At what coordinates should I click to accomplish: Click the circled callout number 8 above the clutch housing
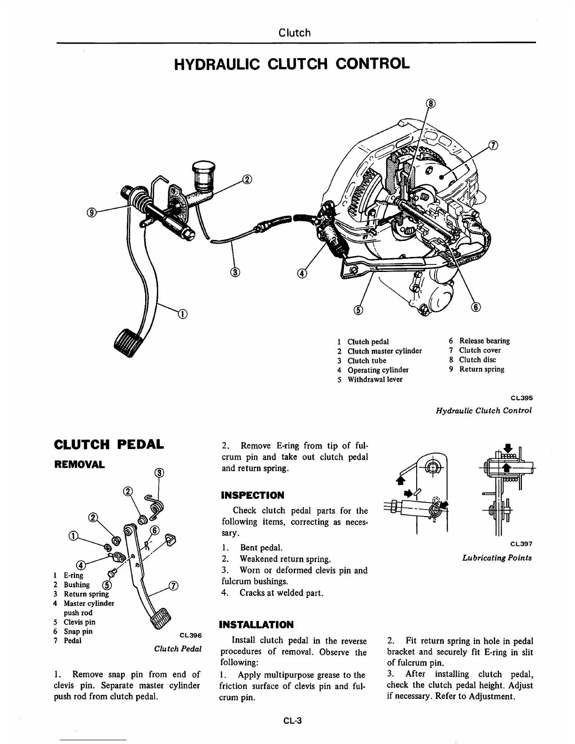tap(431, 104)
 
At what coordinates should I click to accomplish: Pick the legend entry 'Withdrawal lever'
tap(374, 380)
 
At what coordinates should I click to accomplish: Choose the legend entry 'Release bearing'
tap(484, 341)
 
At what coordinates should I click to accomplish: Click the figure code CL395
tap(521, 398)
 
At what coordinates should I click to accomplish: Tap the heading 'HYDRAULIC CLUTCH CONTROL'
tap(292, 63)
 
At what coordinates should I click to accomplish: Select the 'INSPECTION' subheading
tap(253, 496)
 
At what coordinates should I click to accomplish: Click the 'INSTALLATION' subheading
tap(256, 625)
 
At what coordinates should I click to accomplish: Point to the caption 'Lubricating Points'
tap(497, 558)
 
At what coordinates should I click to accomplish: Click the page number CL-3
tap(292, 720)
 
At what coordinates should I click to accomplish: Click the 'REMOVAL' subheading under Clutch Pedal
tap(80, 465)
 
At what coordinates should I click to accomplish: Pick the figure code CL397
tap(521, 544)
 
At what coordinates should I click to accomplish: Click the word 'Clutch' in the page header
tap(295, 33)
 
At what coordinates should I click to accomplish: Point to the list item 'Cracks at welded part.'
tap(281, 593)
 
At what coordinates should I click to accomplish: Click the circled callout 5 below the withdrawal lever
tap(358, 310)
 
